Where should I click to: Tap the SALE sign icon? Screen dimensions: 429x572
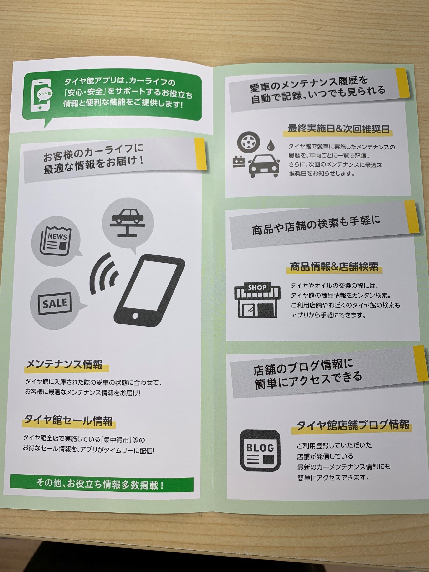[55, 303]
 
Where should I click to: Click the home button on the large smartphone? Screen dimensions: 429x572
[135, 316]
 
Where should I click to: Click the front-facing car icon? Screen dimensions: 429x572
[264, 166]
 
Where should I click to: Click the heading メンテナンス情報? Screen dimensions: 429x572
[65, 365]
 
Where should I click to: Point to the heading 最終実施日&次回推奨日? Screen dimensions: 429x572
[338, 129]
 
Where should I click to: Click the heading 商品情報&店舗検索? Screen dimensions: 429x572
[334, 267]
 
